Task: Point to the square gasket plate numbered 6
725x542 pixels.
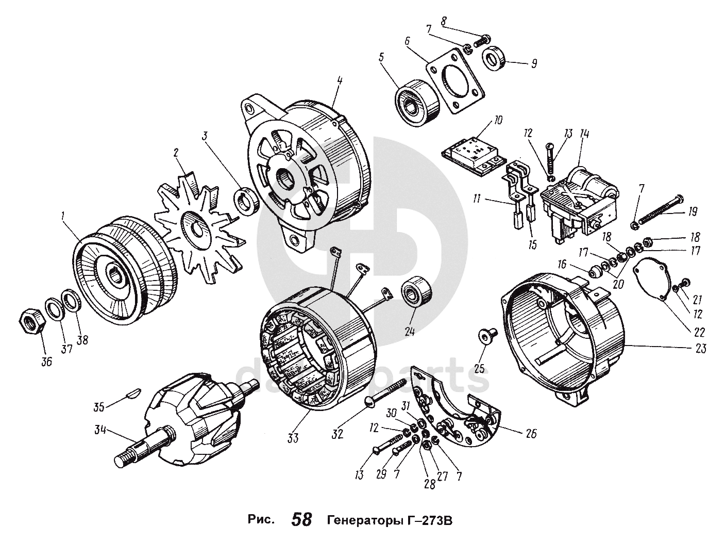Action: click(456, 81)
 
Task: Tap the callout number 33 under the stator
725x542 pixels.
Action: click(293, 438)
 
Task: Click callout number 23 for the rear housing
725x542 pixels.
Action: click(700, 349)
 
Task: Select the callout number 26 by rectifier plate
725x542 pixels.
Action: click(530, 433)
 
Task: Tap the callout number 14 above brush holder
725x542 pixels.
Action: click(584, 134)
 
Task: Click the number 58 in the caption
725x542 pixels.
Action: click(302, 519)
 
